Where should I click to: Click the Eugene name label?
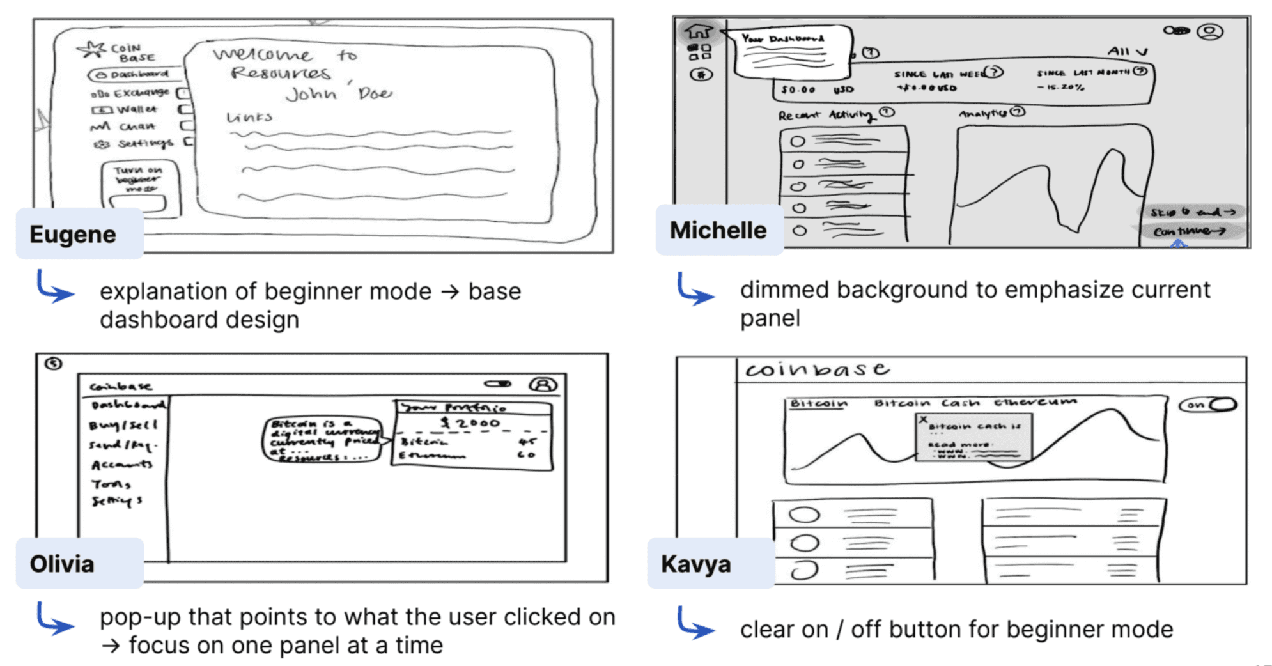pyautogui.click(x=73, y=234)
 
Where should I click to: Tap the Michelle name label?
pyautogui.click(x=718, y=230)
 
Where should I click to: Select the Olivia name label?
pyautogui.click(x=62, y=564)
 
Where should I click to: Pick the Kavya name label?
pyautogui.click(x=695, y=564)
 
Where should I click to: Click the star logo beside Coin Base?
pyautogui.click(x=91, y=49)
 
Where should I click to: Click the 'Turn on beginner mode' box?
pyautogui.click(x=140, y=186)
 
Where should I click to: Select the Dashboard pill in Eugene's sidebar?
pyautogui.click(x=134, y=75)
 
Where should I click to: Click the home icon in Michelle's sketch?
pyautogui.click(x=699, y=30)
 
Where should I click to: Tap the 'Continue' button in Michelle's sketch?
pyautogui.click(x=1189, y=231)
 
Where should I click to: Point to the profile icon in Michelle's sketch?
pyautogui.click(x=1209, y=31)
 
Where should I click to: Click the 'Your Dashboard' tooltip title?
pyautogui.click(x=782, y=39)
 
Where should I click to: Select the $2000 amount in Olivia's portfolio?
pyautogui.click(x=472, y=423)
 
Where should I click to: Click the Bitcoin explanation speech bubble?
pyautogui.click(x=322, y=440)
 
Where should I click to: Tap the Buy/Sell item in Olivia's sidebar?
pyautogui.click(x=122, y=425)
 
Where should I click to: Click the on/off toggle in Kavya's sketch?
pyautogui.click(x=1207, y=405)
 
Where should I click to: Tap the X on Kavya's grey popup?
pyautogui.click(x=923, y=420)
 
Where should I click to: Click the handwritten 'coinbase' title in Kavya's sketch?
pyautogui.click(x=817, y=369)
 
